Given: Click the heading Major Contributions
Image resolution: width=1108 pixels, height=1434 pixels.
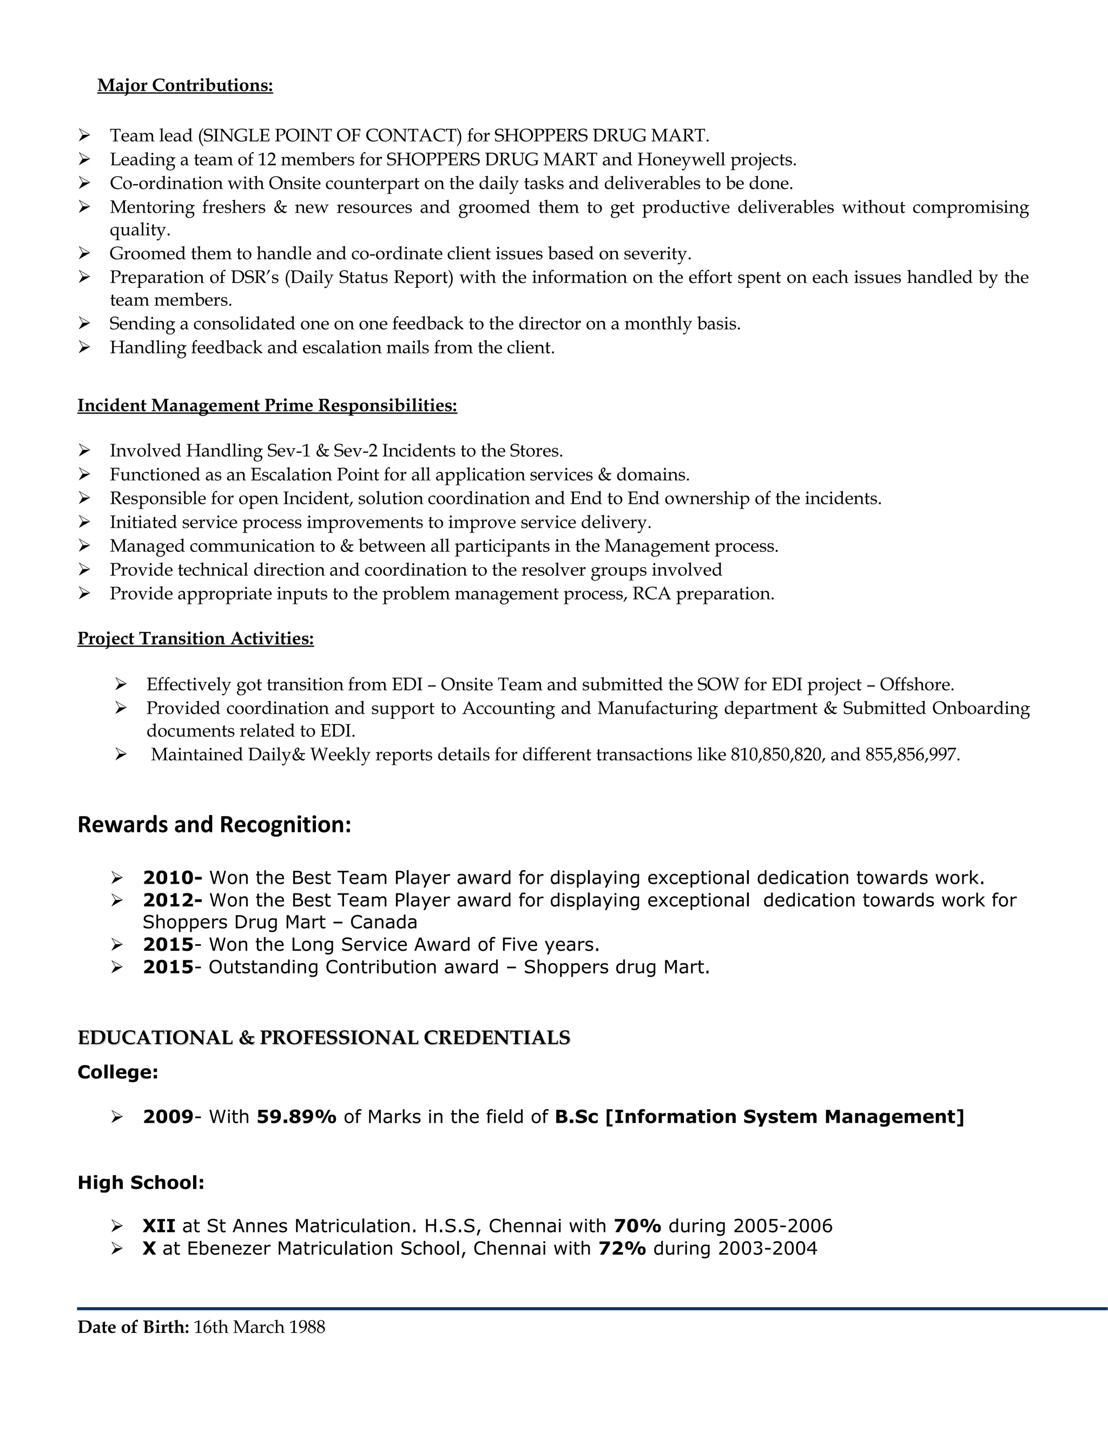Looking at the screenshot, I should click(184, 85).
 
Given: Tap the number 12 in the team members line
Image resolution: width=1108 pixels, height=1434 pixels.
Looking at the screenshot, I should click(267, 160).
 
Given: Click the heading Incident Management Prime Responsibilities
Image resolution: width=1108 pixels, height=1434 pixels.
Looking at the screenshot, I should click(267, 406).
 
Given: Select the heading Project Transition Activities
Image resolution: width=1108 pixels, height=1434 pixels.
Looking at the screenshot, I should click(196, 639).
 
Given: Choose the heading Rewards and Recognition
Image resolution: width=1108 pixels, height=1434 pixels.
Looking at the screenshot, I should click(214, 825).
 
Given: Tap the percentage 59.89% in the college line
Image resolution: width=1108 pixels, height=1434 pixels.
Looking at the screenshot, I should click(296, 1117).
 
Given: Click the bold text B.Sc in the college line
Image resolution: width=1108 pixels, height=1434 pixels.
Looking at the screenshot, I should click(576, 1117).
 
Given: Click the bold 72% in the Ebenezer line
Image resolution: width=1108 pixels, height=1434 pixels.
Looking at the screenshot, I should click(622, 1248).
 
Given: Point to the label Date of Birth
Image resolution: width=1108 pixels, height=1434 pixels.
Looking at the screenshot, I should click(133, 1327).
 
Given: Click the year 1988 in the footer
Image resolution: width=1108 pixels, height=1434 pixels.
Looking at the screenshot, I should click(307, 1327).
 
